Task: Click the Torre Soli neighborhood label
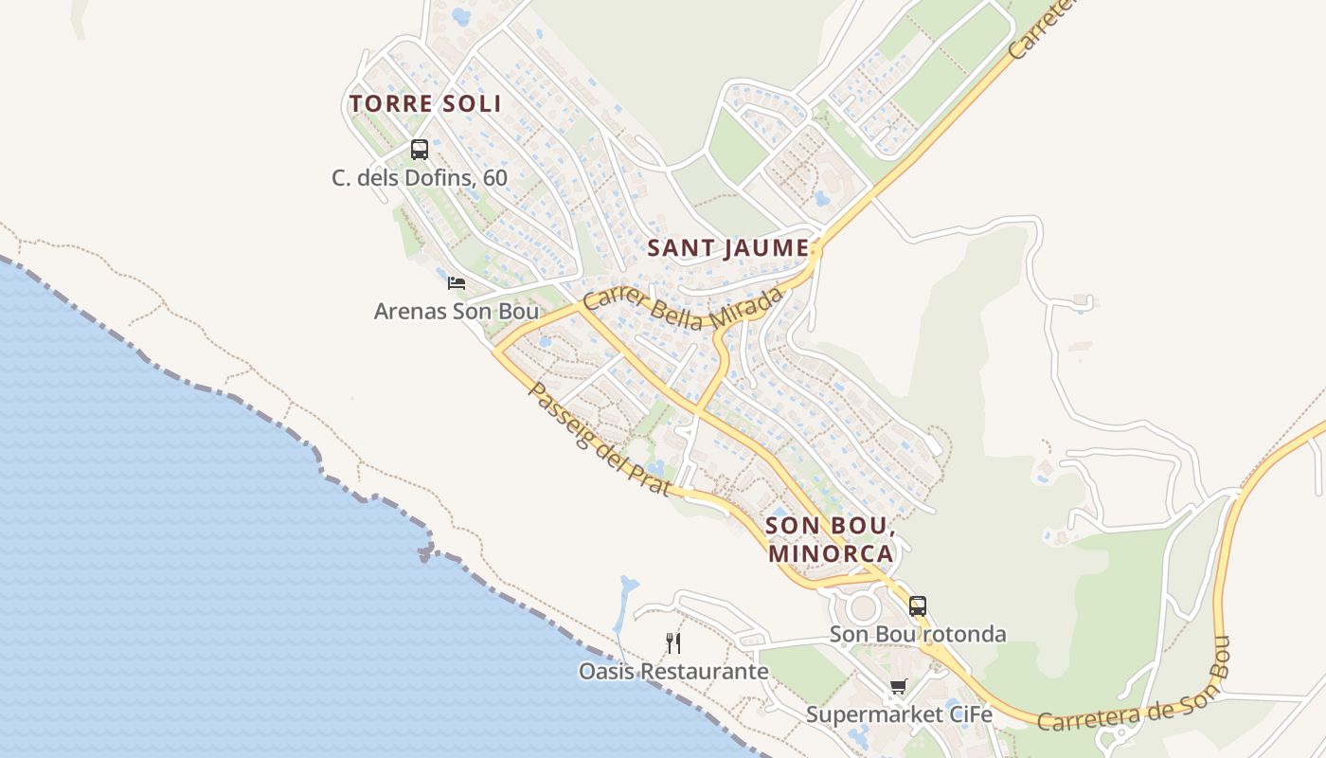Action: (425, 104)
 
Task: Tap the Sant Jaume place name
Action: (728, 248)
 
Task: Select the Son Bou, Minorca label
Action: (830, 539)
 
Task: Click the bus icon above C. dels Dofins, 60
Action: (420, 150)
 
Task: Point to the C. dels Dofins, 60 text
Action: (420, 178)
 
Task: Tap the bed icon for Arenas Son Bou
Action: (457, 282)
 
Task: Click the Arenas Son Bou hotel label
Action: (457, 311)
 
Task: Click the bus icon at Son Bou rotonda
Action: (918, 606)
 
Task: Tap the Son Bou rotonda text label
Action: (918, 634)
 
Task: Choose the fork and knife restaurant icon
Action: (673, 643)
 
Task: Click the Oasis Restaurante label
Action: (673, 672)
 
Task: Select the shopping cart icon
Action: (898, 687)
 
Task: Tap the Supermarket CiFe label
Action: (899, 714)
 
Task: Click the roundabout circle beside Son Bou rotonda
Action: (863, 607)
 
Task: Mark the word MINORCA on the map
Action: (831, 553)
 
